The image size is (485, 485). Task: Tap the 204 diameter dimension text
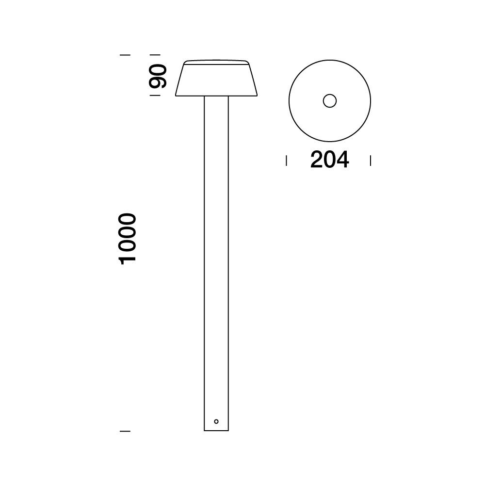point(329,160)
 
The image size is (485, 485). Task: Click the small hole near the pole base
point(216,421)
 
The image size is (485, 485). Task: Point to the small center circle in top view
point(330,101)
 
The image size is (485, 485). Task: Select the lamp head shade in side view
point(216,80)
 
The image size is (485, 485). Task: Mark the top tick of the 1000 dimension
point(125,55)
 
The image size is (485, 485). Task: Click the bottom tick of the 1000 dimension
point(125,430)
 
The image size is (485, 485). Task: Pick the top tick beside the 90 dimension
point(155,55)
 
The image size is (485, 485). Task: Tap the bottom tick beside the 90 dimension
point(155,96)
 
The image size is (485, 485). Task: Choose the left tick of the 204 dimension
point(287,161)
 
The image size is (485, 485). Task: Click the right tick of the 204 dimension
point(371,161)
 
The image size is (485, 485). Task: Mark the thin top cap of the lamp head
point(216,62)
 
